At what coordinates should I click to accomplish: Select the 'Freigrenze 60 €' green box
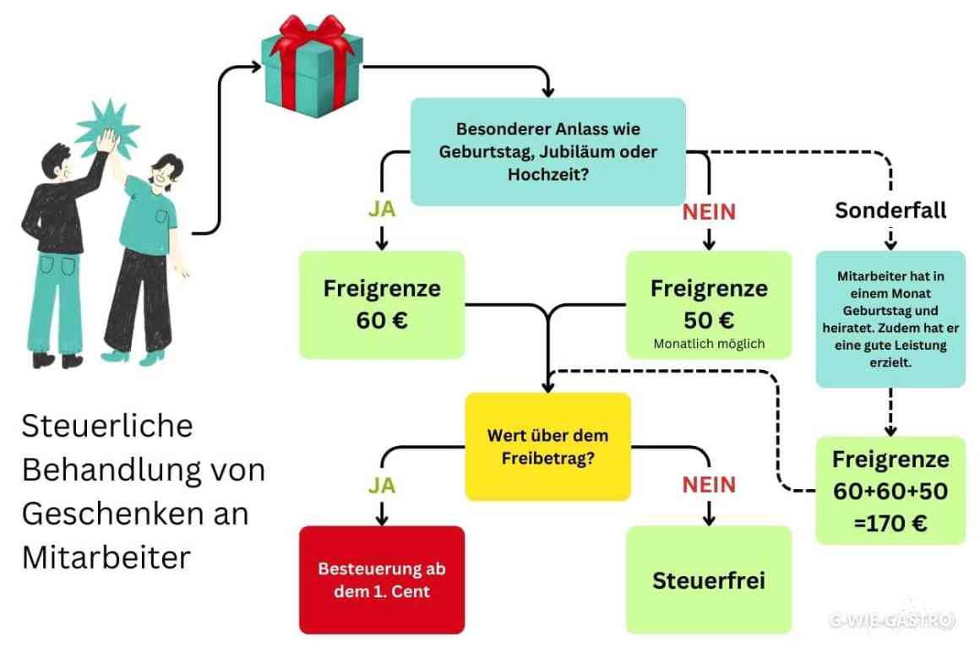pyautogui.click(x=382, y=304)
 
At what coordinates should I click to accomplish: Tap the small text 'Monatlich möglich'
pyautogui.click(x=709, y=344)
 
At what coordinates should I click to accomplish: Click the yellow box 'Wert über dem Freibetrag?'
pyautogui.click(x=547, y=447)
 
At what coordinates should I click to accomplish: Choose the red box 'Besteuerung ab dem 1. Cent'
pyautogui.click(x=382, y=580)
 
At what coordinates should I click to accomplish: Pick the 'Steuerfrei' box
pyautogui.click(x=709, y=580)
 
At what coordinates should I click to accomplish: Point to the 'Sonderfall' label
pyautogui.click(x=890, y=210)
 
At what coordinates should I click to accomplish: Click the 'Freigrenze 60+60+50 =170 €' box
pyautogui.click(x=890, y=491)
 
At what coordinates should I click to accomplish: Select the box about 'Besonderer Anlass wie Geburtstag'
pyautogui.click(x=547, y=152)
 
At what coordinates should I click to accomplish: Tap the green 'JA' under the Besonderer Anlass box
pyautogui.click(x=382, y=210)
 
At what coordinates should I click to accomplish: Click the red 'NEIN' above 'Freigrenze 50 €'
pyautogui.click(x=709, y=211)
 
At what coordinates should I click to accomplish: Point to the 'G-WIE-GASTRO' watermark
pyautogui.click(x=891, y=621)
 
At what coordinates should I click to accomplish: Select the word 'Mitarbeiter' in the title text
pyautogui.click(x=106, y=558)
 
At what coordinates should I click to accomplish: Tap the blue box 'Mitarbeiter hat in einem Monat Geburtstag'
pyautogui.click(x=890, y=318)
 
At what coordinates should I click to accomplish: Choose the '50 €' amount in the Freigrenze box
pyautogui.click(x=709, y=320)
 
